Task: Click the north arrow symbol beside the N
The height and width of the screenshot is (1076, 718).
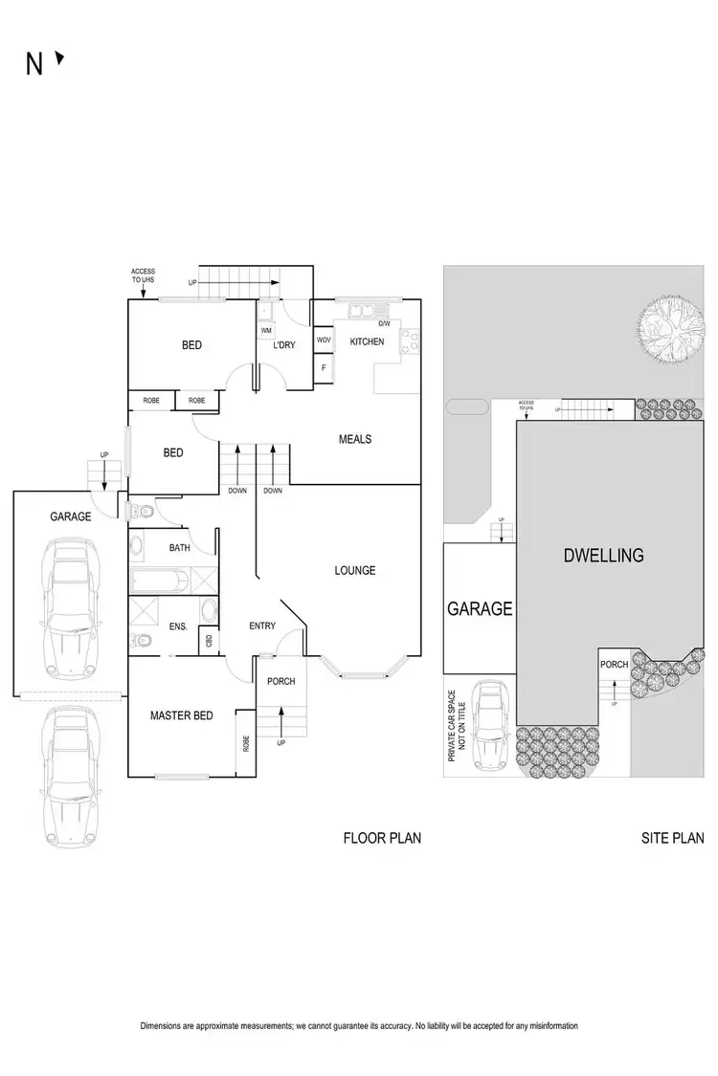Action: (59, 59)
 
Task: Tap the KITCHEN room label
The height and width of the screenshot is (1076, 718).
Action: (367, 341)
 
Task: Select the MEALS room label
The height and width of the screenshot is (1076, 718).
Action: (354, 439)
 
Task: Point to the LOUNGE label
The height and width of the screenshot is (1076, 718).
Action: (354, 571)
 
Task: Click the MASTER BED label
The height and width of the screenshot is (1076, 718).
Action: (181, 715)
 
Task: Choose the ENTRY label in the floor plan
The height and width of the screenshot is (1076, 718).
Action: (261, 626)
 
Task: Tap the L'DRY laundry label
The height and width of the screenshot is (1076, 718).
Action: (283, 345)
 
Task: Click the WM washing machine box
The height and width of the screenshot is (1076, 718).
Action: (265, 331)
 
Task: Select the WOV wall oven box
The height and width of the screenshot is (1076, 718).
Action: (324, 340)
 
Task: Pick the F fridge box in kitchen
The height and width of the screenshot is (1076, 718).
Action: (324, 367)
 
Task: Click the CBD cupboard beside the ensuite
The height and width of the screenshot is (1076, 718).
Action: (208, 641)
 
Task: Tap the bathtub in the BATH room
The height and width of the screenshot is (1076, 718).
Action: (158, 580)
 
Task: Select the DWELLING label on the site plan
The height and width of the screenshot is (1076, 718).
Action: (604, 555)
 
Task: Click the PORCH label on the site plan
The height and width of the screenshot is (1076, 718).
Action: (614, 664)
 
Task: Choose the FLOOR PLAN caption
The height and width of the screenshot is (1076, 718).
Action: (382, 839)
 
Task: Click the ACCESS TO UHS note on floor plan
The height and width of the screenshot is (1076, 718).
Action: (143, 276)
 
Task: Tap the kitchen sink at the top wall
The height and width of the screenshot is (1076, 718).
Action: (363, 309)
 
